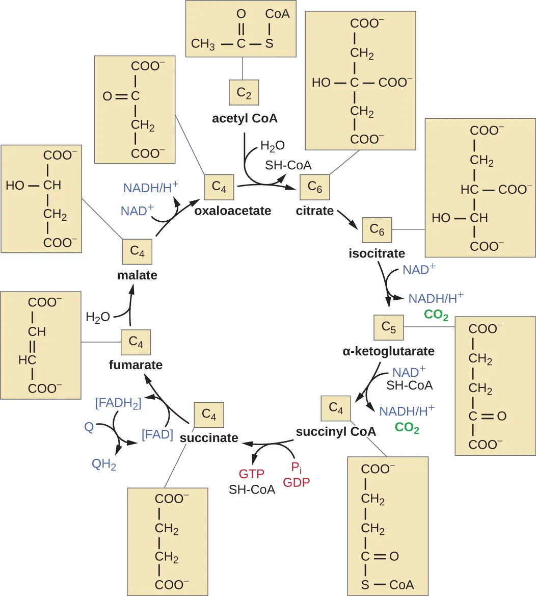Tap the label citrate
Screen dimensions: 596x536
[x=314, y=211]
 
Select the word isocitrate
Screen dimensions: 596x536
[x=377, y=253]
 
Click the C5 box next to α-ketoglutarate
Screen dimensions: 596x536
[x=388, y=328]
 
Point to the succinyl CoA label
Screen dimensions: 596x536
[x=336, y=432]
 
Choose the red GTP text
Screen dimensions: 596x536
[x=252, y=474]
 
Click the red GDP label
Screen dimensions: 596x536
[x=296, y=482]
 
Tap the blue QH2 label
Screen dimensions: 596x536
[x=104, y=464]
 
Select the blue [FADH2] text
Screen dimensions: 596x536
[x=118, y=403]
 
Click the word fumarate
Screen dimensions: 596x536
[x=136, y=365]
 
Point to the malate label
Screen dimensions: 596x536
[x=137, y=275]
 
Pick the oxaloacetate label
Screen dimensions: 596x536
[x=232, y=211]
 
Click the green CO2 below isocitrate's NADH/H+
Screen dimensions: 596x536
[x=436, y=316]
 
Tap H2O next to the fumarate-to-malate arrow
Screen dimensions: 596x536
[x=98, y=318]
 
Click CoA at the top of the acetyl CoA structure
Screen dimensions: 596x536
[x=277, y=14]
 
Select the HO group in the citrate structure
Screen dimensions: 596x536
[x=321, y=82]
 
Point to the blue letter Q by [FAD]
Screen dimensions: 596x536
[x=89, y=427]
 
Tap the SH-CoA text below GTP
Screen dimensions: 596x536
[x=252, y=489]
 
